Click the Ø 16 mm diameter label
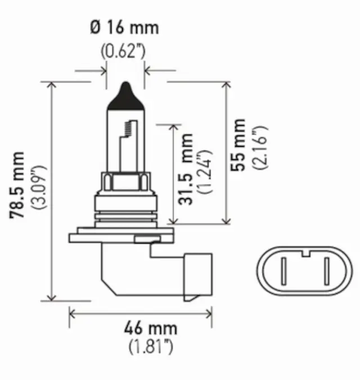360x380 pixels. tap(124, 27)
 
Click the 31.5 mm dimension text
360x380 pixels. tap(186, 168)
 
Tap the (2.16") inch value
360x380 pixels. tap(260, 147)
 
